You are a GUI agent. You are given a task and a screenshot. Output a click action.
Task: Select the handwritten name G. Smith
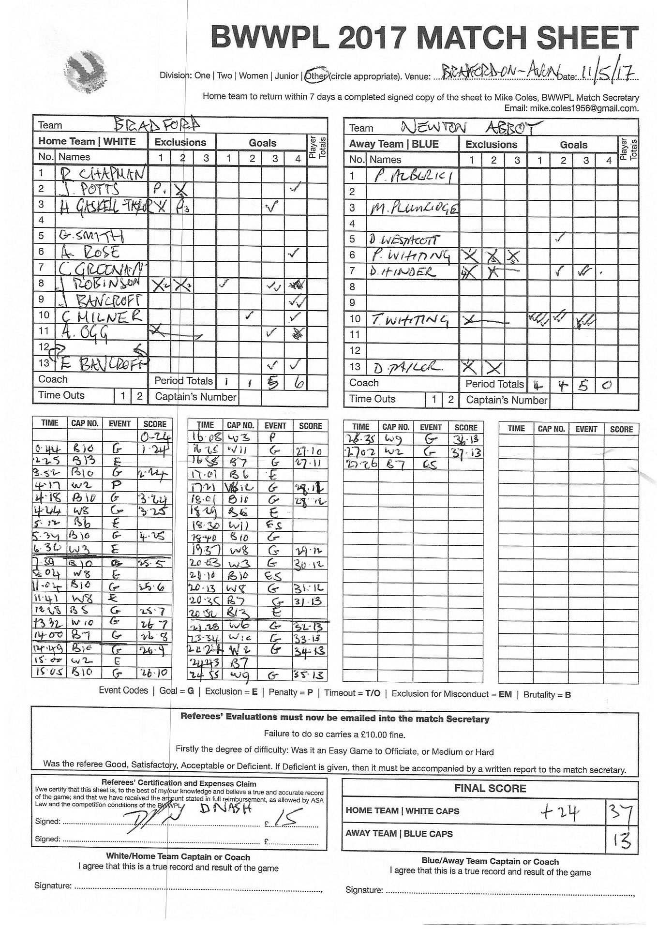pyautogui.click(x=91, y=236)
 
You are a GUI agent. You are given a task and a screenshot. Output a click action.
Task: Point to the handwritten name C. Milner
pyautogui.click(x=102, y=316)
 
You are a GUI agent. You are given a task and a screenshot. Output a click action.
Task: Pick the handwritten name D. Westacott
pyautogui.click(x=404, y=240)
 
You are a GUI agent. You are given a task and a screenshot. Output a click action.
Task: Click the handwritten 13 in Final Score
pyautogui.click(x=622, y=840)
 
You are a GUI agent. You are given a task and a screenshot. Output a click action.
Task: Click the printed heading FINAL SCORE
pyautogui.click(x=490, y=788)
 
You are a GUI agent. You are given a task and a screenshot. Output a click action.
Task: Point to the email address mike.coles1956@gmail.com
pyautogui.click(x=584, y=108)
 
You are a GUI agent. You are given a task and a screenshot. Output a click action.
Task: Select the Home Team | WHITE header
pyautogui.click(x=87, y=141)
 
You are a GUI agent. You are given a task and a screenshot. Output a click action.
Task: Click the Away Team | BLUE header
pyautogui.click(x=394, y=144)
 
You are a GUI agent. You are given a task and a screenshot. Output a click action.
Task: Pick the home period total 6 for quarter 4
pyautogui.click(x=299, y=383)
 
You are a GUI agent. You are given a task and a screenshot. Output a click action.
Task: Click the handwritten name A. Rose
pyautogui.click(x=90, y=252)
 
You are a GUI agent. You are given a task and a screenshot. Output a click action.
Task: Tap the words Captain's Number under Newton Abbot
pyautogui.click(x=506, y=400)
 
